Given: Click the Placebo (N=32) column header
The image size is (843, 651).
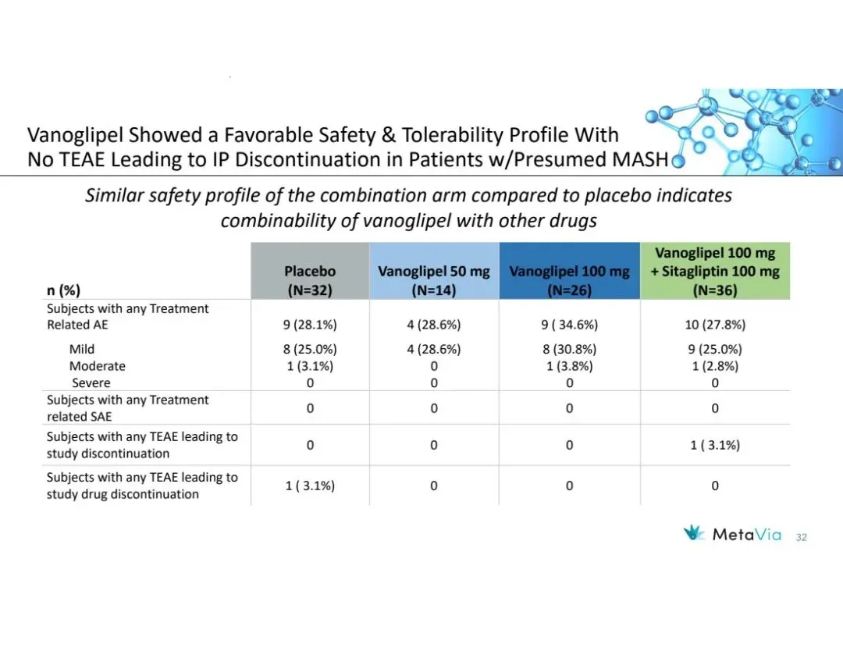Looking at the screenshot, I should tap(310, 280).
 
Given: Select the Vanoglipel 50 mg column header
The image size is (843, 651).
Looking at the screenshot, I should tap(434, 280).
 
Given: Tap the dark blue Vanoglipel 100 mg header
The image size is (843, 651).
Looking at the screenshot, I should tap(569, 280).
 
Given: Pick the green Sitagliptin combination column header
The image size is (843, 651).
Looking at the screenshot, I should tap(715, 271).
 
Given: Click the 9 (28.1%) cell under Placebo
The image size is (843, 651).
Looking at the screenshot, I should tap(310, 325).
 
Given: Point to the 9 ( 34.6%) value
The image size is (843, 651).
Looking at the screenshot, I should tap(569, 325).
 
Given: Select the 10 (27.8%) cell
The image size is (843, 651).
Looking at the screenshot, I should tap(715, 325).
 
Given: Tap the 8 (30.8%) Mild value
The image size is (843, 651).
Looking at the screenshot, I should tap(569, 349).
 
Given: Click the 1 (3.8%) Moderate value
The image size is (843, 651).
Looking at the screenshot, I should tap(569, 366).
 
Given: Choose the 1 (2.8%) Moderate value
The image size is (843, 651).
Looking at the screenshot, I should tap(715, 366).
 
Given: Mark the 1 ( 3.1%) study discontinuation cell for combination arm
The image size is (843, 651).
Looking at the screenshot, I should tap(715, 445).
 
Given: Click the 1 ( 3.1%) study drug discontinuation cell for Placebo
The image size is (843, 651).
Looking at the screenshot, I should tap(310, 486).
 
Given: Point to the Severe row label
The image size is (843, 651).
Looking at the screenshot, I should tap(91, 383).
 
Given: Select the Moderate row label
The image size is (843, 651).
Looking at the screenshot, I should tap(97, 366).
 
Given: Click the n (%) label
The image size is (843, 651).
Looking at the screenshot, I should tap(63, 290).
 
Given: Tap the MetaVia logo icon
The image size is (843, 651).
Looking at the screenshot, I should tap(694, 535).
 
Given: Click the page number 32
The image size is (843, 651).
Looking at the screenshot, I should tap(802, 537).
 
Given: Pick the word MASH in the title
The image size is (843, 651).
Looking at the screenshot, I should tap(644, 159).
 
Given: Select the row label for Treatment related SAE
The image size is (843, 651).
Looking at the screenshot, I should tap(127, 408).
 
